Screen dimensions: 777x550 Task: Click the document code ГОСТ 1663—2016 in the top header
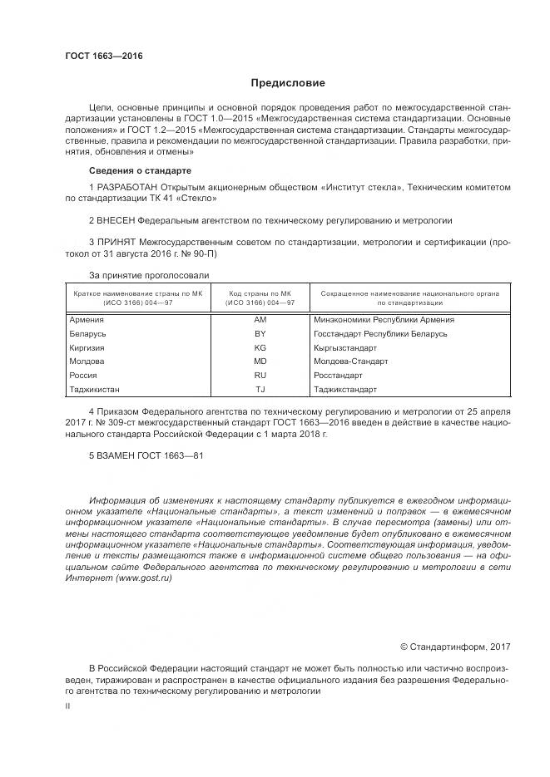(104, 56)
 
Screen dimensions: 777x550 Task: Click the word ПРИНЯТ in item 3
(116, 242)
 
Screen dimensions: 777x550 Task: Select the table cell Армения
(87, 319)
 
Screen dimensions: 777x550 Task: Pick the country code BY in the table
(260, 333)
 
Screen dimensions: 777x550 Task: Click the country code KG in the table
(260, 347)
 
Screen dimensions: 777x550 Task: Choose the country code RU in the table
(260, 376)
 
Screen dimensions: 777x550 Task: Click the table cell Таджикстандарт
(345, 390)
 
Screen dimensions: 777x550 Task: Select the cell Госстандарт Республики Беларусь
(380, 333)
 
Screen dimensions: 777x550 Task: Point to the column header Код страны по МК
(260, 294)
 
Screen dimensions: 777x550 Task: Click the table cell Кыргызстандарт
(345, 347)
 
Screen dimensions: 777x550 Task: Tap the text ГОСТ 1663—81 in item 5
(172, 456)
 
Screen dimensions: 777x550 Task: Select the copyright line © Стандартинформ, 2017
(455, 646)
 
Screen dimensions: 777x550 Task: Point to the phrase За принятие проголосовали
(149, 274)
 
